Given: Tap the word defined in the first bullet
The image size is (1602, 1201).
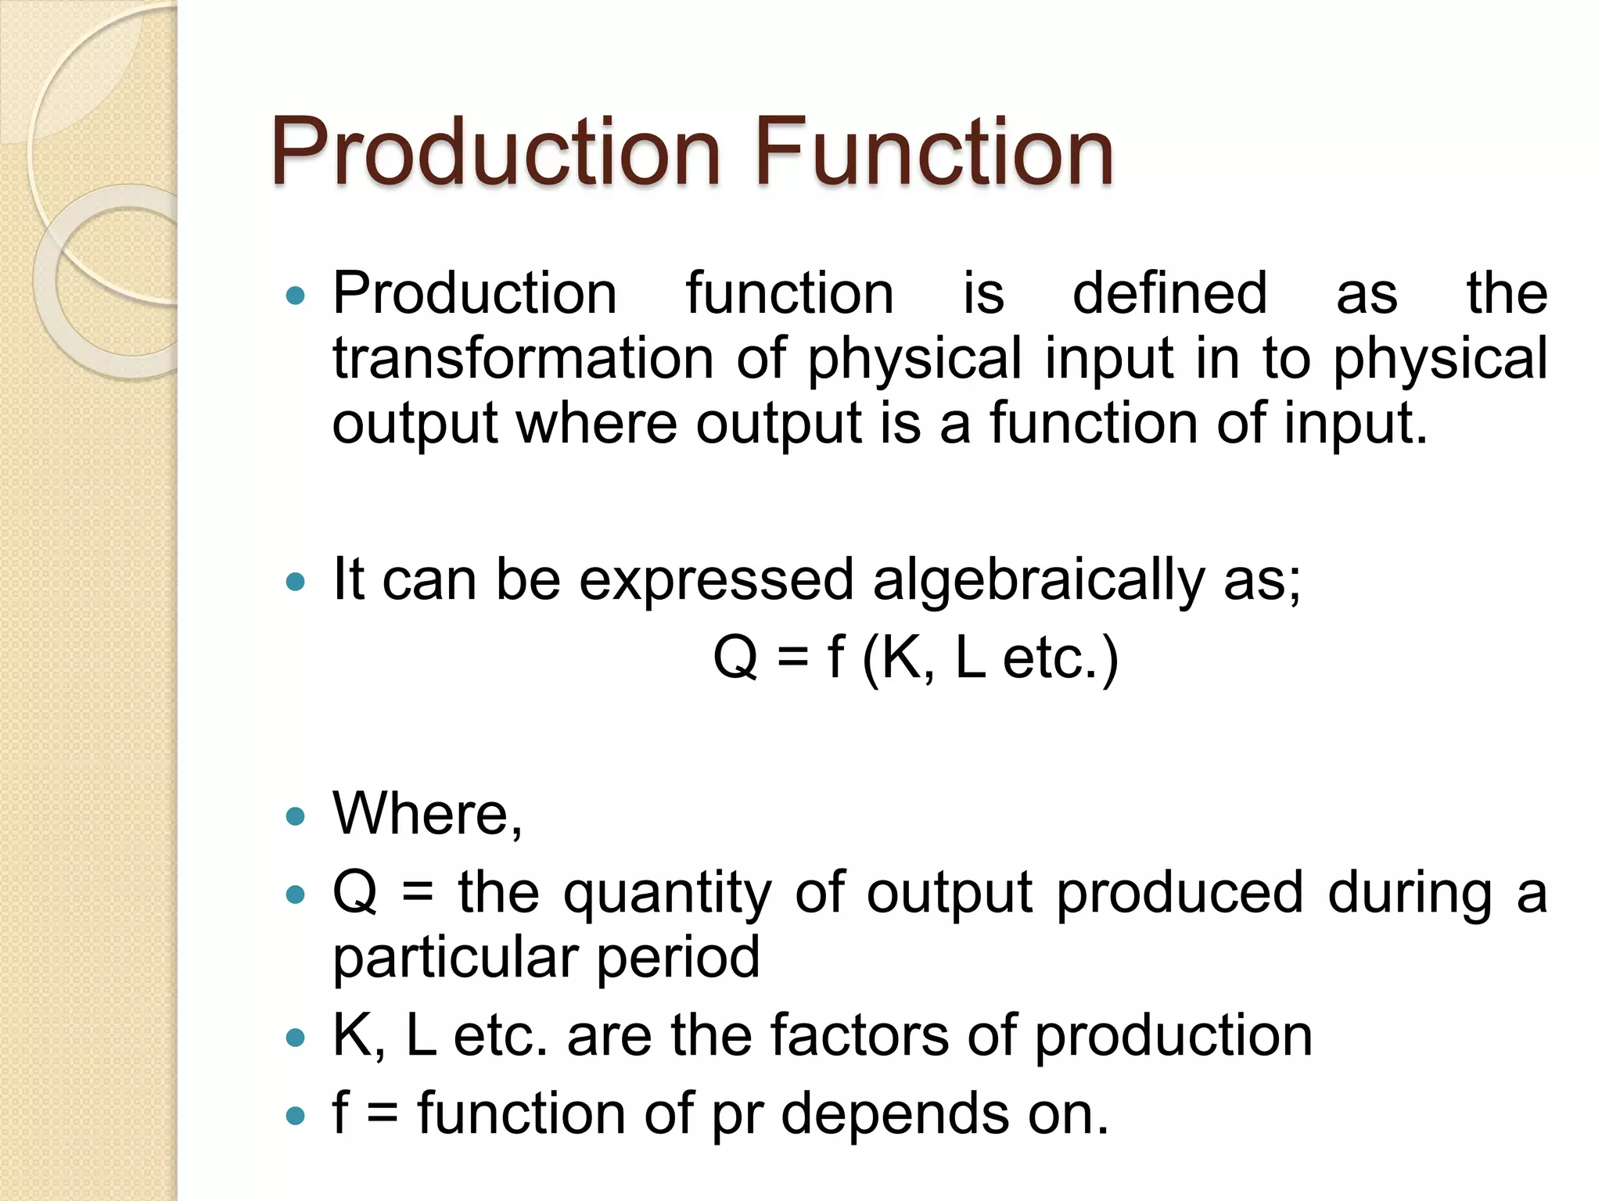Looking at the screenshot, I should [1169, 293].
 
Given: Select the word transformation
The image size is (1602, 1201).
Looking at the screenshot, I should [523, 358].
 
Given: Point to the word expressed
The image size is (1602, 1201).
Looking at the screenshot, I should [715, 580].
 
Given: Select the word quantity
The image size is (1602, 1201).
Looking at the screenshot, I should [667, 894].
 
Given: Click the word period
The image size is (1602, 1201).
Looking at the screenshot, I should [677, 958].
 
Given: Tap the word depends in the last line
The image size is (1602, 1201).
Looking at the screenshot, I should [895, 1113].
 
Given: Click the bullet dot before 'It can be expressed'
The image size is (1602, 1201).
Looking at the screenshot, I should [295, 582].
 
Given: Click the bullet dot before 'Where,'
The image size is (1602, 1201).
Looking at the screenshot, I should [295, 817].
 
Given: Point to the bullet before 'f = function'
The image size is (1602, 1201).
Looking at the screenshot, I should [295, 1116].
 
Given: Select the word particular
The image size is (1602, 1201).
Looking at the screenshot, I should [454, 958].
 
